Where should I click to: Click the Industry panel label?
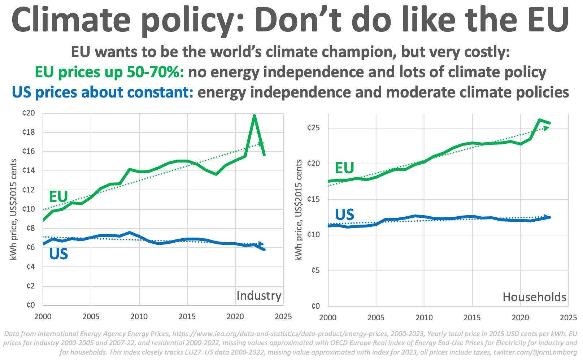[258, 296]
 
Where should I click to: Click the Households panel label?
[534, 297]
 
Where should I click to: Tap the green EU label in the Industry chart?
[58, 197]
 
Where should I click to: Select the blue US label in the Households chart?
[344, 215]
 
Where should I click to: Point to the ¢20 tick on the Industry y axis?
[29, 113]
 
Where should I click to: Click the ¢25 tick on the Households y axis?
[313, 128]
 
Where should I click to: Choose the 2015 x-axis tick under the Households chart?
[472, 318]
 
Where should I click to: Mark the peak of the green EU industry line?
[254, 116]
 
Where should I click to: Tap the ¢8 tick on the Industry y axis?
[29, 228]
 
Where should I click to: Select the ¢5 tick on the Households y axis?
[315, 270]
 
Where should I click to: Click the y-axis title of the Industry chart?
[14, 209]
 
